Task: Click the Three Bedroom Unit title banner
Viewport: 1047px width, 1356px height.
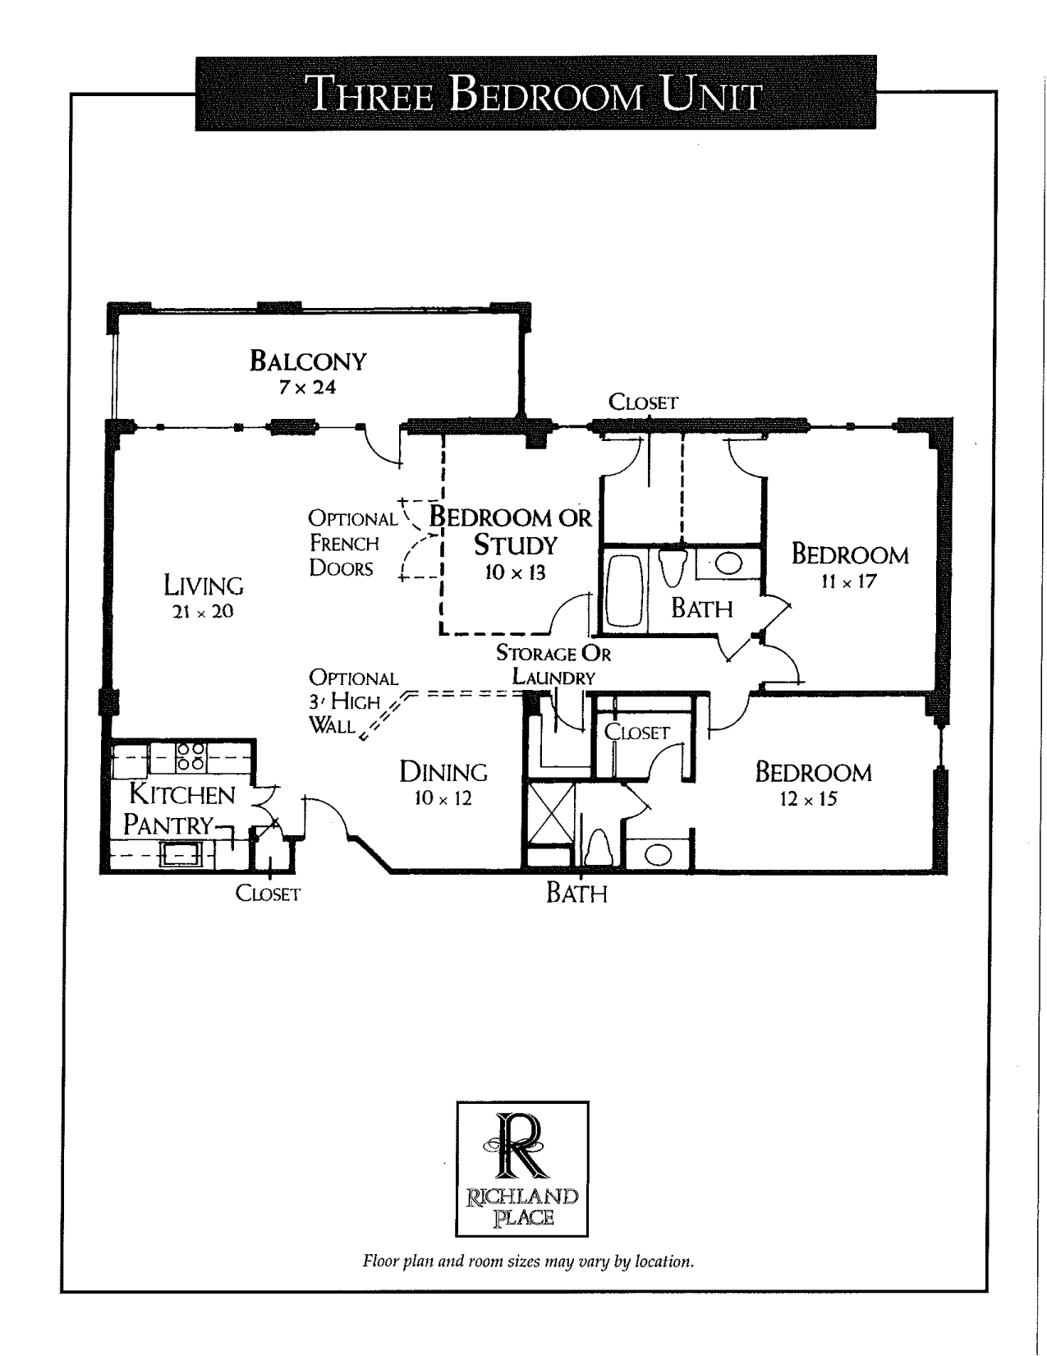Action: coord(535,93)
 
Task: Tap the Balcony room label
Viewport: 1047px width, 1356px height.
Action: coord(308,361)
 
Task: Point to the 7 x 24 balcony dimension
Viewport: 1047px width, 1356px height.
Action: coord(307,388)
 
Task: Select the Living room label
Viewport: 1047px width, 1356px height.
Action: coord(204,586)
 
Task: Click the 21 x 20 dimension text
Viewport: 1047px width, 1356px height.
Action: coord(203,612)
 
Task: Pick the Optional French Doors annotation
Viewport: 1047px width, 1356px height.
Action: coord(352,543)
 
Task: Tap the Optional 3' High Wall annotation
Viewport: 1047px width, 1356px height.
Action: coord(353,702)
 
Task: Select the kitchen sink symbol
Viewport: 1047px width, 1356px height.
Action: coord(181,853)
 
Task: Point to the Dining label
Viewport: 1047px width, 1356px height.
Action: coord(443,773)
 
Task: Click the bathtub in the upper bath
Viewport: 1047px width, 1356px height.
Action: coord(624,590)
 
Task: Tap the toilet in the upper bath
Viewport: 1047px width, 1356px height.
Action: coord(673,567)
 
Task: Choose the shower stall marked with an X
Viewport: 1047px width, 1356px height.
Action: coord(551,813)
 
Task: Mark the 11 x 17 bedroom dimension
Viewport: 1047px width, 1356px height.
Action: coord(848,581)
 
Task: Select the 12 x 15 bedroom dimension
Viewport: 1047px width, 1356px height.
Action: coord(808,799)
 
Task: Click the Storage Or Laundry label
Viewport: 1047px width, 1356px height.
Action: coord(553,665)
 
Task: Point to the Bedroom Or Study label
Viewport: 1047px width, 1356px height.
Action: coord(511,531)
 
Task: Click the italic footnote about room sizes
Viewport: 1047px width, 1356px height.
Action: coord(529,1262)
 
